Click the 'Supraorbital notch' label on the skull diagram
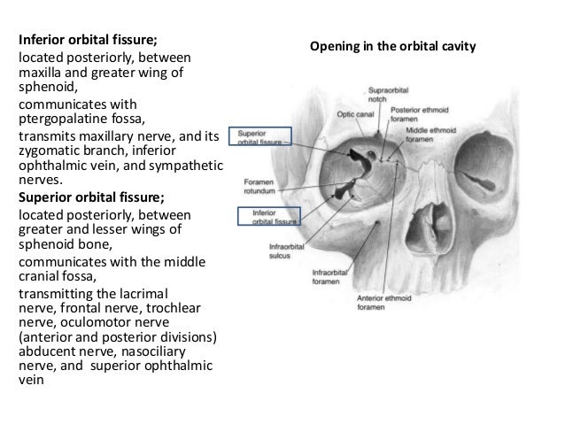pos(386,95)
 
